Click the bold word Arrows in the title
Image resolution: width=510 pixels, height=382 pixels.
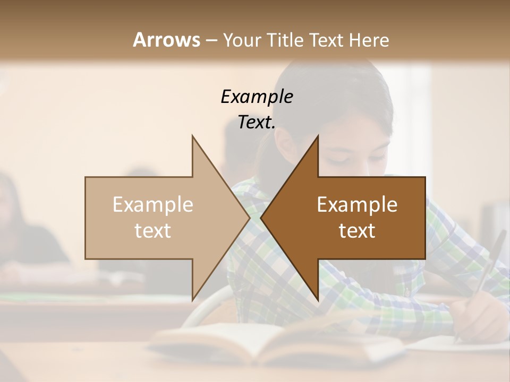coord(166,40)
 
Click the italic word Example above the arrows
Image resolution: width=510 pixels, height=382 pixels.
coord(257,97)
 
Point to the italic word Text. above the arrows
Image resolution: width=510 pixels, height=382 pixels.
coord(257,123)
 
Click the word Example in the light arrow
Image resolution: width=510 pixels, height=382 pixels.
coord(153,205)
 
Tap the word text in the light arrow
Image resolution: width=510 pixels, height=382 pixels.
coord(153,231)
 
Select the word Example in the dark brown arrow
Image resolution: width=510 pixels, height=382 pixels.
coord(357,205)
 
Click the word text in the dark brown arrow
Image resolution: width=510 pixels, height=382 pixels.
coord(357,231)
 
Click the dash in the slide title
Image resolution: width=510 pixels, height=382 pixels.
coord(210,40)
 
